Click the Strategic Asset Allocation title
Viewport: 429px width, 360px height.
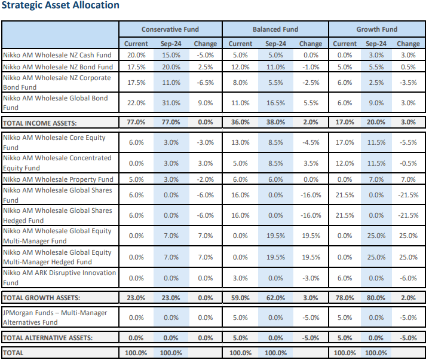point(60,5)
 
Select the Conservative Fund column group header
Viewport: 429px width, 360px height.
point(170,29)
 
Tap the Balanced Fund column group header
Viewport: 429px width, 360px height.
point(275,29)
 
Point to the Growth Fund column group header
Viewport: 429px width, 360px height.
point(377,29)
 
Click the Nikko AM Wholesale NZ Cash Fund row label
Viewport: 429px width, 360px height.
point(57,55)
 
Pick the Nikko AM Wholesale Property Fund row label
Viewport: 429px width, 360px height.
point(58,179)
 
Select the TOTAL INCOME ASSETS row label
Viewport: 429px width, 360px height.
point(39,123)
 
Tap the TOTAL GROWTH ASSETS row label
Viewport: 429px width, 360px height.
point(41,298)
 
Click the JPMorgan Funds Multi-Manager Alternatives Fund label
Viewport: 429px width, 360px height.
point(55,318)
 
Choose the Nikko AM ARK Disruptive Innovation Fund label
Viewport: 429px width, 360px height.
point(59,277)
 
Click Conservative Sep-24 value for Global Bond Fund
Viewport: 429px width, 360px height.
point(171,103)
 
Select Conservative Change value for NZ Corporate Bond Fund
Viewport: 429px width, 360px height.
point(205,83)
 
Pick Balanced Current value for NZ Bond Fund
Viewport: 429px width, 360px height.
point(240,67)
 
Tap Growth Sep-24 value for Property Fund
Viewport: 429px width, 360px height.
point(376,179)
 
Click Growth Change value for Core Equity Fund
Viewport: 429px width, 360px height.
point(408,142)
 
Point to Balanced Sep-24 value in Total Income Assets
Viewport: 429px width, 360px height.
point(275,122)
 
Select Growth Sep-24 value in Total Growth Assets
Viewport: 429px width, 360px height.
point(376,298)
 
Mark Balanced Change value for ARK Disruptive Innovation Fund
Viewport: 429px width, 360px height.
point(311,278)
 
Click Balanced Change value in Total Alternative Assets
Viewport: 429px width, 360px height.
point(311,338)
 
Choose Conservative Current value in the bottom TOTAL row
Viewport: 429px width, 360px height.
point(136,353)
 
